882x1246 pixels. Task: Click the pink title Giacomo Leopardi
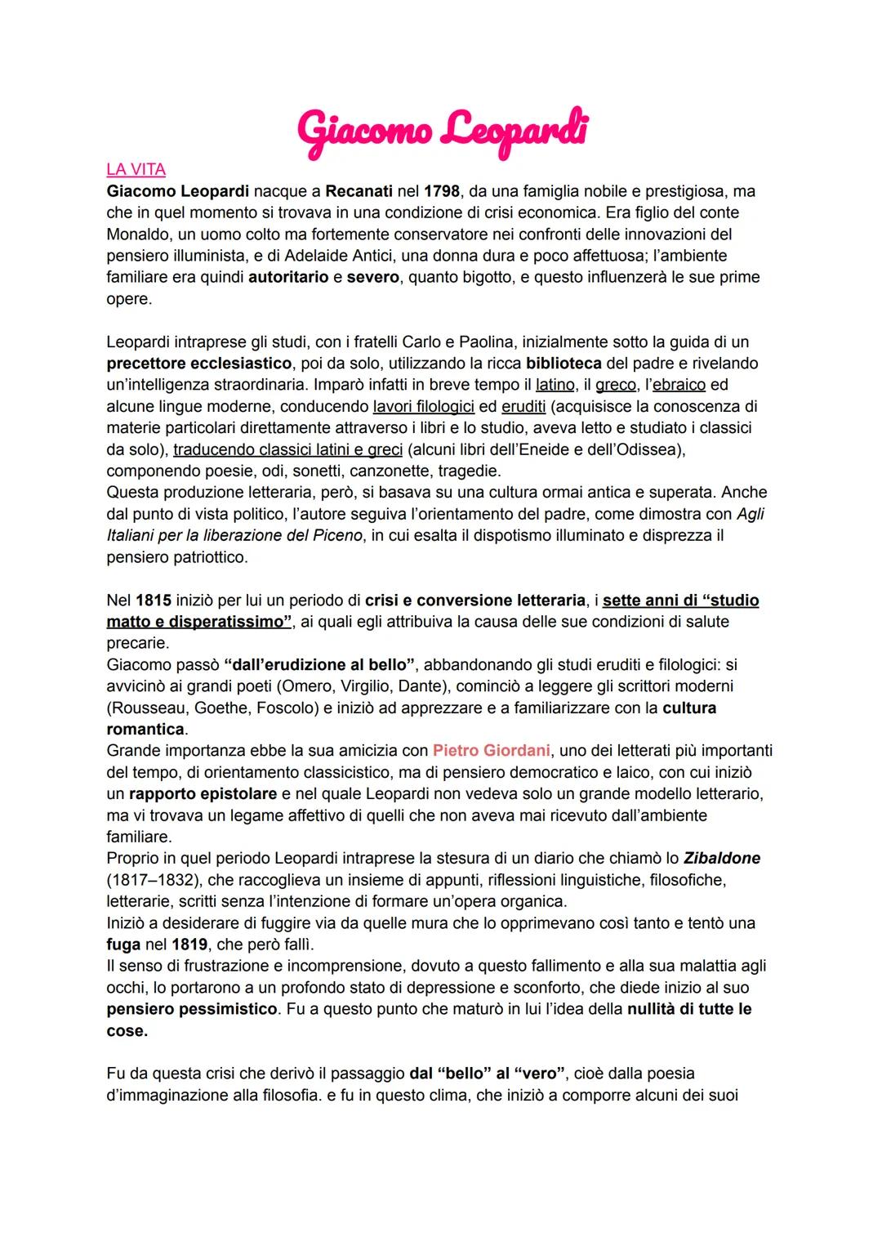point(442,132)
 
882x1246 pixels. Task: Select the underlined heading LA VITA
point(136,170)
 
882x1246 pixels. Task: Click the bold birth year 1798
point(441,191)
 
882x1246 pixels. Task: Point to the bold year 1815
point(154,601)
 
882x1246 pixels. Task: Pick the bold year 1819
point(189,945)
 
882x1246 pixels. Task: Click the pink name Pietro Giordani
point(491,750)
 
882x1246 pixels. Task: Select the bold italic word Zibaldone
point(721,858)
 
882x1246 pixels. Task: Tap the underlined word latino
point(555,385)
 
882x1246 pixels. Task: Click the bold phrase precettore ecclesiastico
point(198,363)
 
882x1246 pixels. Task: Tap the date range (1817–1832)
point(151,880)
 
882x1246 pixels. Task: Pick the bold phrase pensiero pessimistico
point(192,1009)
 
